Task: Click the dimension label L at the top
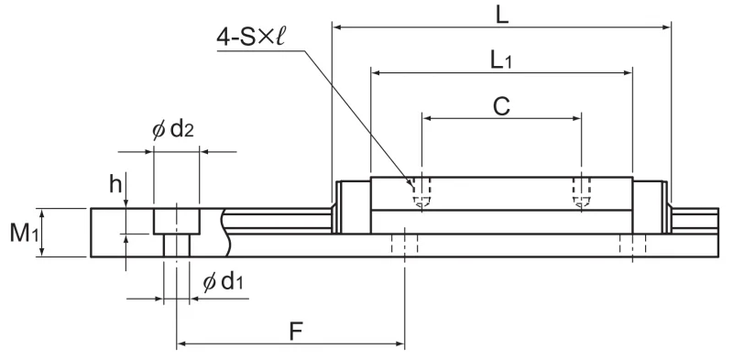pyautogui.click(x=502, y=16)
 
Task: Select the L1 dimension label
pyautogui.click(x=500, y=60)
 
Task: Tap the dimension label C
pyautogui.click(x=501, y=106)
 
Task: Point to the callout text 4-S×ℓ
pyautogui.click(x=250, y=38)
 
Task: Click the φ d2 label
pyautogui.click(x=173, y=128)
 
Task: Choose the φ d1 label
pyautogui.click(x=223, y=281)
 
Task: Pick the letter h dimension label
pyautogui.click(x=115, y=184)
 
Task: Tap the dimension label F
pyautogui.click(x=296, y=332)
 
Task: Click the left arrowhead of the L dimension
pyautogui.click(x=335, y=27)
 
